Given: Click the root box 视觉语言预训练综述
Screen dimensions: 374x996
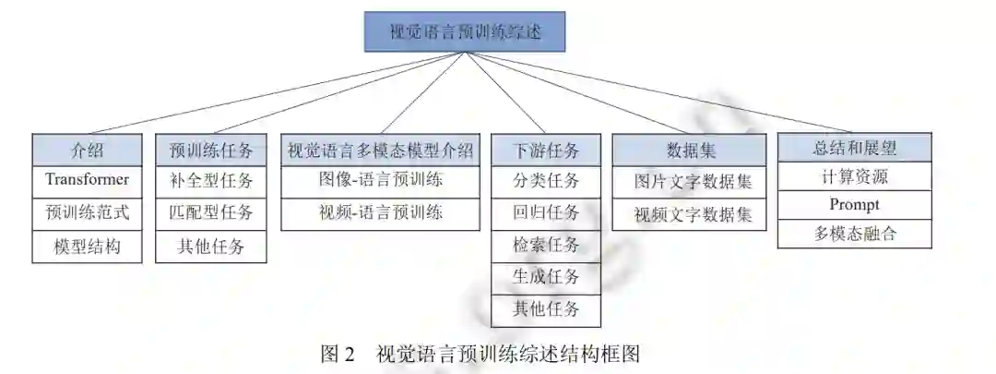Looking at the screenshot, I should click(x=464, y=30).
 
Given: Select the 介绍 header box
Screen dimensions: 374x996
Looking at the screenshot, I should click(x=87, y=150).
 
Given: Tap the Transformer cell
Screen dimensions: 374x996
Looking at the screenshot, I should click(x=87, y=180).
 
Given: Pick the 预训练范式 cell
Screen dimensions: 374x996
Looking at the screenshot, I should click(x=87, y=213).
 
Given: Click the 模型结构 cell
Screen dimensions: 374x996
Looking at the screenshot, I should click(x=87, y=247).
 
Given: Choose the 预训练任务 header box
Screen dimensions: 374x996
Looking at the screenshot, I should click(x=211, y=150).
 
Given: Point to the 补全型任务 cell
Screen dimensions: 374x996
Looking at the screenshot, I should click(x=211, y=180).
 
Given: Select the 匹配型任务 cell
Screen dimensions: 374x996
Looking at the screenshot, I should click(x=211, y=213).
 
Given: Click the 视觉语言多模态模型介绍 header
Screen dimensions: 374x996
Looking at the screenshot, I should click(x=380, y=150).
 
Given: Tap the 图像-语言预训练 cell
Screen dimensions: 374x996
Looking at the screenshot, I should click(x=380, y=180).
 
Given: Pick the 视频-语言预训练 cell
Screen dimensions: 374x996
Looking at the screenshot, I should click(x=380, y=213).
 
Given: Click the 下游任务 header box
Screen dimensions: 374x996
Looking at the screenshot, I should click(x=546, y=150).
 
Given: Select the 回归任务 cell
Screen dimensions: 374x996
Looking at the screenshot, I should click(x=546, y=213).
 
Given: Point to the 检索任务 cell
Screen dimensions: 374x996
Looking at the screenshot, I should click(x=546, y=246).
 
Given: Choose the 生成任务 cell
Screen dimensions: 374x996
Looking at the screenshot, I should click(x=546, y=277).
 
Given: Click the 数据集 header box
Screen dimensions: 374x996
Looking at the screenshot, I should click(x=690, y=150).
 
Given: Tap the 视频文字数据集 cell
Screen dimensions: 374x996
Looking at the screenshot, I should click(x=690, y=215).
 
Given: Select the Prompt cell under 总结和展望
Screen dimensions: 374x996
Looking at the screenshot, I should click(x=854, y=205).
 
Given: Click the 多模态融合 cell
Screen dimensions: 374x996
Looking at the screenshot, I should click(x=854, y=234).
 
